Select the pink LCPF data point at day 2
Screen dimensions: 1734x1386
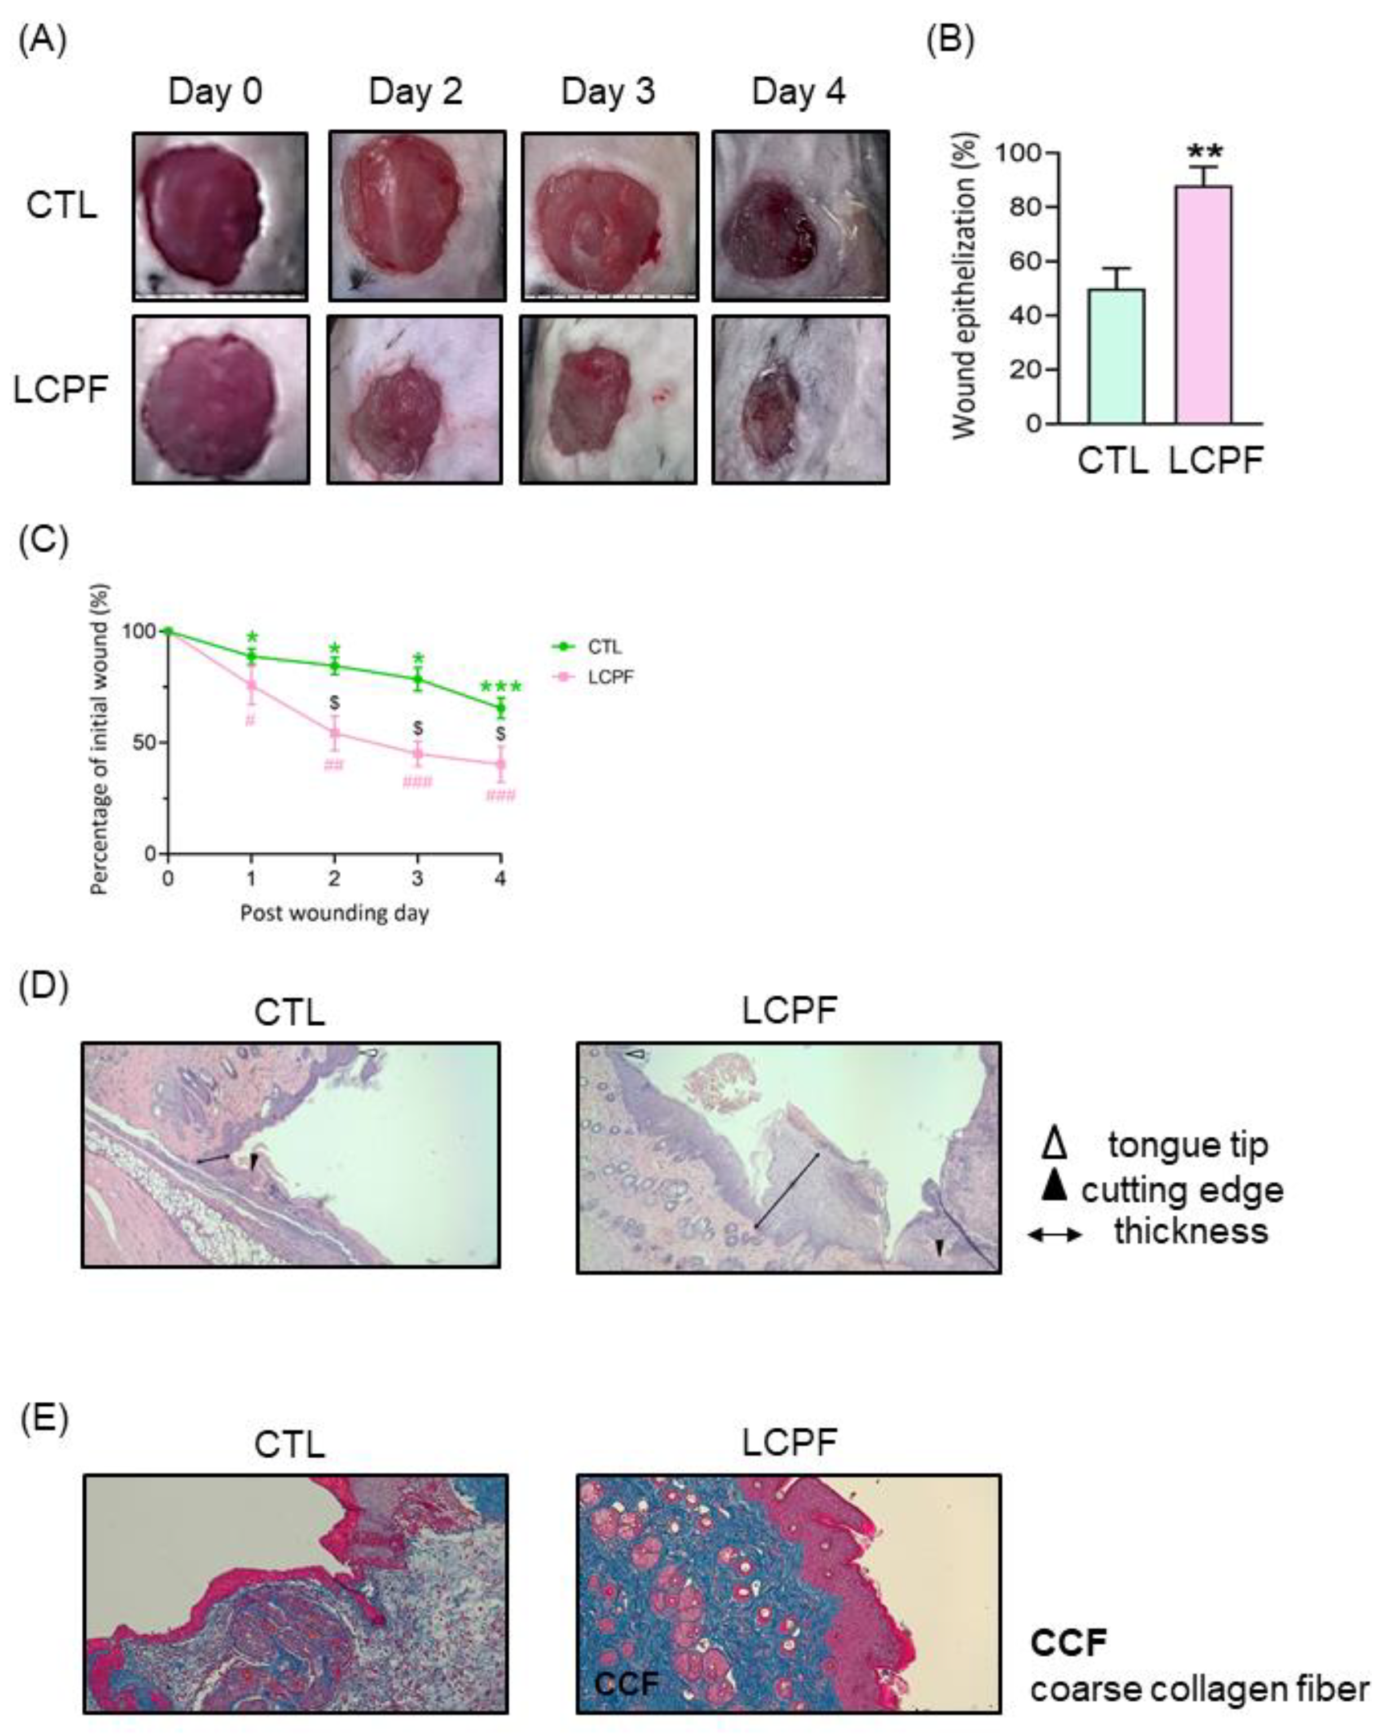click(335, 733)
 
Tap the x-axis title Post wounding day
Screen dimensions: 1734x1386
click(334, 914)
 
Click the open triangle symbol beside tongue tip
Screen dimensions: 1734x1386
click(1054, 1144)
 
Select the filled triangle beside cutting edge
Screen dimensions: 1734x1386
click(1054, 1185)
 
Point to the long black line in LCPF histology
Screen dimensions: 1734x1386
click(787, 1190)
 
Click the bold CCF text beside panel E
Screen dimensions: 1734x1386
click(1069, 1642)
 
